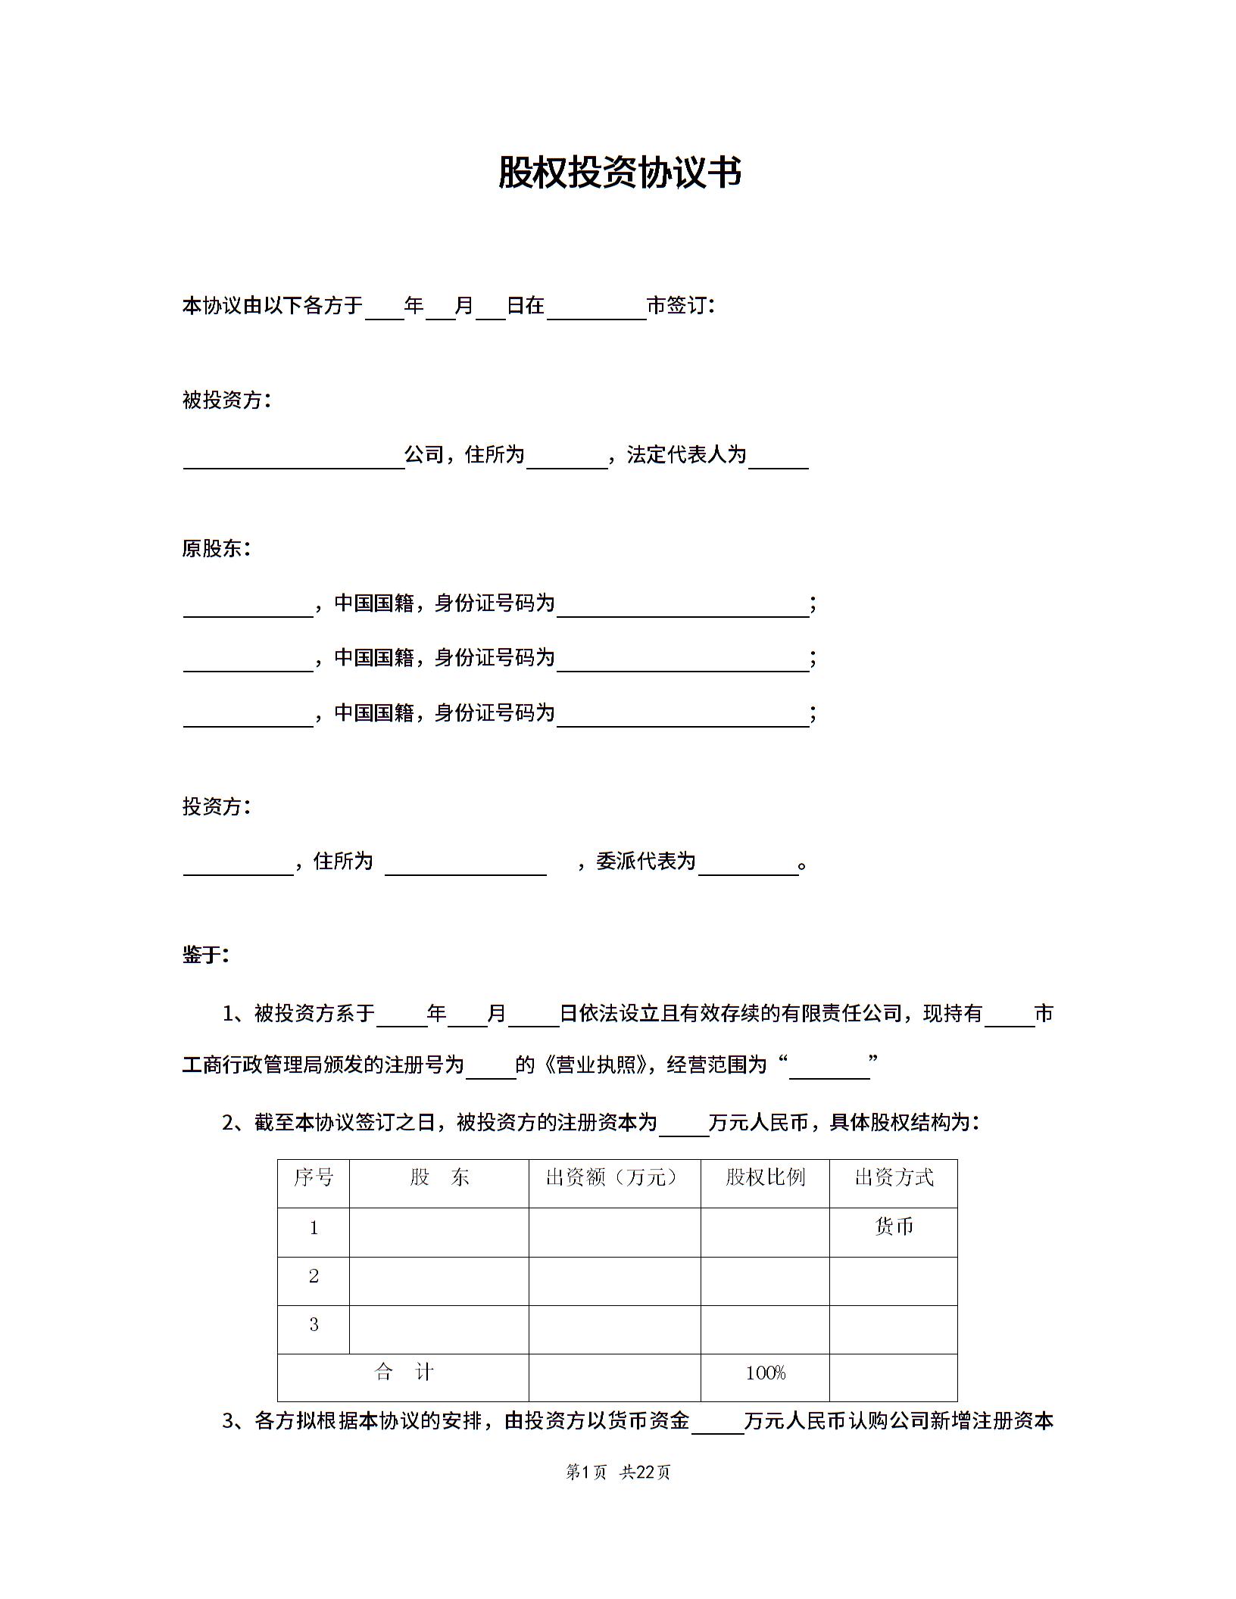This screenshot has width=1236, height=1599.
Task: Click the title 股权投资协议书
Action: click(620, 173)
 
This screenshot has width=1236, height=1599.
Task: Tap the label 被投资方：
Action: click(226, 400)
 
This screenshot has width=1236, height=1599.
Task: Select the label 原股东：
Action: click(216, 548)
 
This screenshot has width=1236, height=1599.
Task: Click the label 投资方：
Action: click(216, 806)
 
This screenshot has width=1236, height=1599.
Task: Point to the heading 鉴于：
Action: click(205, 955)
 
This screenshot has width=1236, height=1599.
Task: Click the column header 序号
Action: click(314, 1177)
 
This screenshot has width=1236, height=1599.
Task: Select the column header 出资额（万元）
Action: click(613, 1177)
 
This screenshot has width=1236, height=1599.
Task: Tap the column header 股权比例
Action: click(765, 1177)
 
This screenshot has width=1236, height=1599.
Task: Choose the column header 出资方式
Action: click(894, 1177)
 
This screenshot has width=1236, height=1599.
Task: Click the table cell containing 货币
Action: click(894, 1227)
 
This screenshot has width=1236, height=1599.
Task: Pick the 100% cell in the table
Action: click(765, 1373)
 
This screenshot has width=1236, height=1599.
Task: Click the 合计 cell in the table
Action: click(403, 1372)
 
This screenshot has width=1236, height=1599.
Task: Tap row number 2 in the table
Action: click(314, 1276)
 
